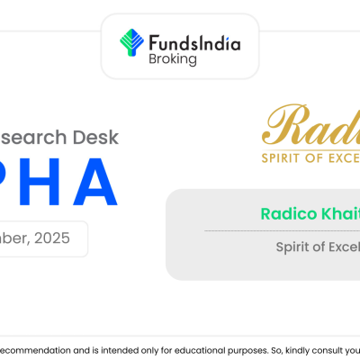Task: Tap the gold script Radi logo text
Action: pyautogui.click(x=306, y=126)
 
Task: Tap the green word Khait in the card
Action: pyautogui.click(x=338, y=213)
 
